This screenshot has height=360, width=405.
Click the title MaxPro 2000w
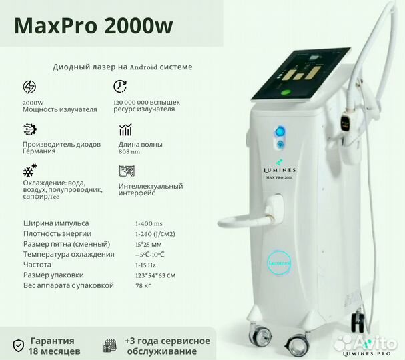[x=93, y=25]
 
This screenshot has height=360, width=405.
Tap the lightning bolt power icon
[x=29, y=87]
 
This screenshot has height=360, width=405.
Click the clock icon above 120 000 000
[x=121, y=87]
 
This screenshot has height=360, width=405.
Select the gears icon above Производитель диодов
[x=29, y=129]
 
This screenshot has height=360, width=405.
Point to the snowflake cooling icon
[x=29, y=171]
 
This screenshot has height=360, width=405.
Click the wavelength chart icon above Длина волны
[x=125, y=130]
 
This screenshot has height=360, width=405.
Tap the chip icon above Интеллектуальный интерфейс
[x=125, y=171]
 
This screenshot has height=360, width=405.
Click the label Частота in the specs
[x=37, y=265]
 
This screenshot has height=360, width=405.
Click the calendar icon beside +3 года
[x=110, y=346]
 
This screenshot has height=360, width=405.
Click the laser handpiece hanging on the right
[x=345, y=124]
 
